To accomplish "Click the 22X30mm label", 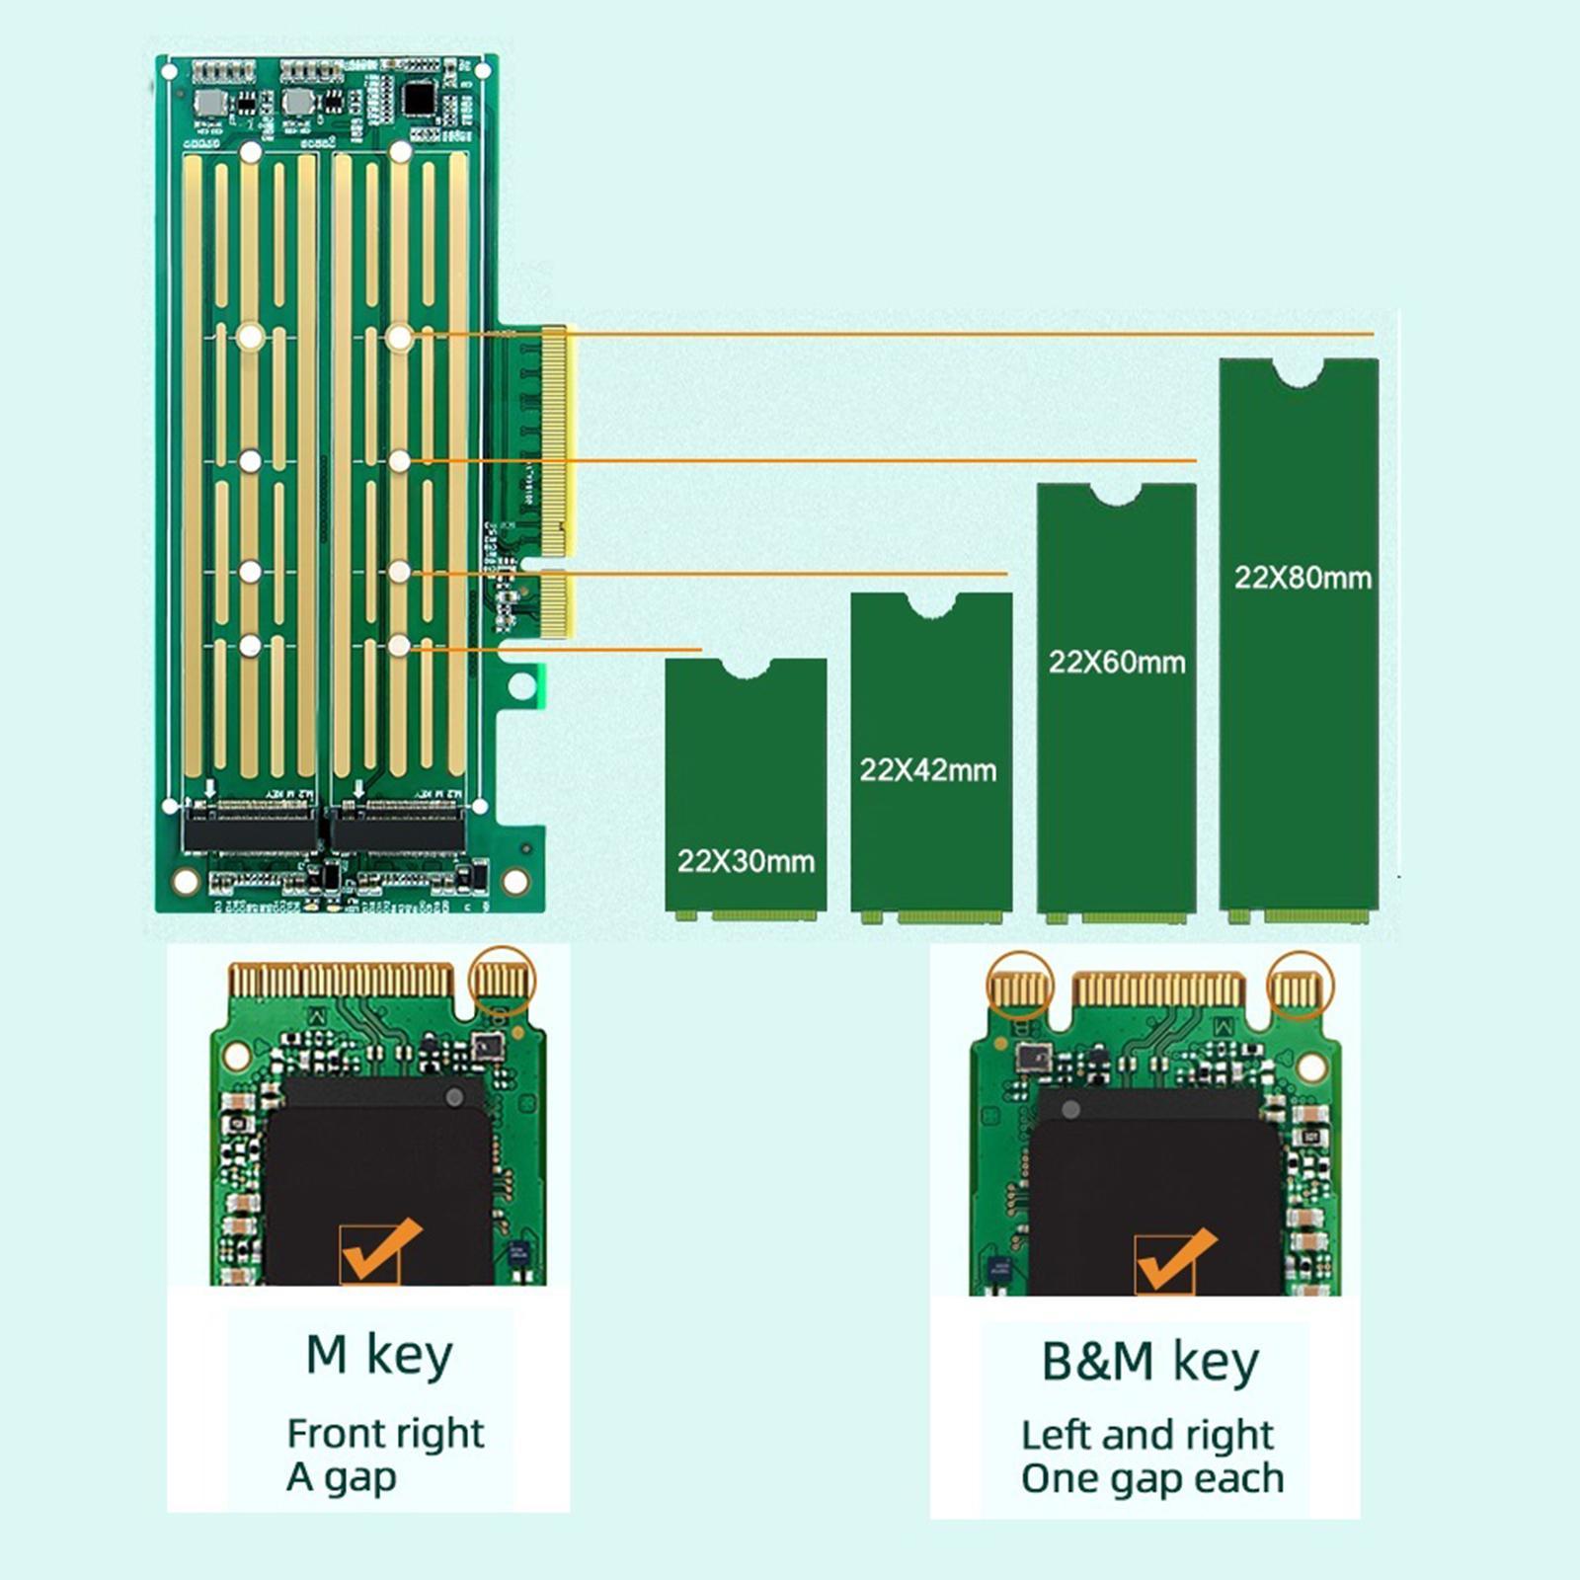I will click(x=746, y=861).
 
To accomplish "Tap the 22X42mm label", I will click(x=927, y=770).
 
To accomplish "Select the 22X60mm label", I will click(x=1117, y=662).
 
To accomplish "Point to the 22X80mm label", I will click(x=1303, y=578).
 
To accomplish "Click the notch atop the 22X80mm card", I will click(x=1298, y=371).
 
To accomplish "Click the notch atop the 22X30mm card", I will click(x=746, y=669).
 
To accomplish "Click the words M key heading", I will click(x=379, y=1355).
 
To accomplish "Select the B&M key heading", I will click(x=1149, y=1362).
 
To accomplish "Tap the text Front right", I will click(x=385, y=1433).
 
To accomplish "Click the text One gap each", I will click(x=1151, y=1479).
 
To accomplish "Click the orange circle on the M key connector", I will click(x=502, y=980).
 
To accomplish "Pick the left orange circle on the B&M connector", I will click(x=1020, y=986).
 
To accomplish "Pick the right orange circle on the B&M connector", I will click(x=1301, y=986).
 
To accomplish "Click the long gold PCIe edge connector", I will click(x=555, y=441).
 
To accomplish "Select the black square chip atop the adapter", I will click(x=419, y=99).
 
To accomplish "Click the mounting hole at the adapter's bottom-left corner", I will click(x=186, y=880).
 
